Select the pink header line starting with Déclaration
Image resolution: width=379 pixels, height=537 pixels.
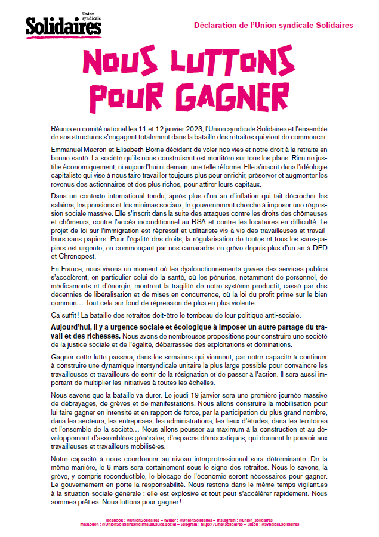coord(273,26)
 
